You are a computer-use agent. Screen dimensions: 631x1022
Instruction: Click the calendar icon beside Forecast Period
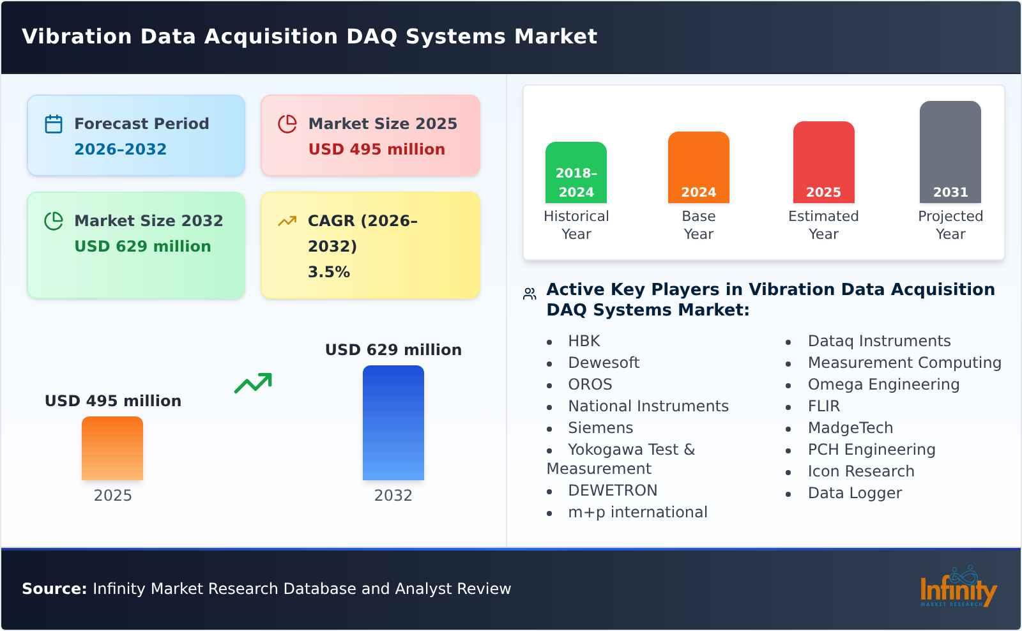(x=54, y=124)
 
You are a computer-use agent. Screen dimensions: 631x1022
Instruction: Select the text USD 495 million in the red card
(x=376, y=149)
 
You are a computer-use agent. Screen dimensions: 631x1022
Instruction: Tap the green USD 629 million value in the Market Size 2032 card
(x=142, y=247)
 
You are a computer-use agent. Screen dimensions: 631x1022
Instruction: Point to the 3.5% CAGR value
(x=328, y=272)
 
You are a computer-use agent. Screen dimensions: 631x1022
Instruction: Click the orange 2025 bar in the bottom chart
(x=112, y=448)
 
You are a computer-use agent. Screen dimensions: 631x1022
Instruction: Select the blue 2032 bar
(x=393, y=423)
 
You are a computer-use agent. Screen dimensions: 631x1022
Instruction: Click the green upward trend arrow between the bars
(x=253, y=383)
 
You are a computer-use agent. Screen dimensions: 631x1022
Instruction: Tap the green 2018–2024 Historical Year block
(x=576, y=173)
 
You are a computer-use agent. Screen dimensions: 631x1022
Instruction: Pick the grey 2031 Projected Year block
(x=950, y=153)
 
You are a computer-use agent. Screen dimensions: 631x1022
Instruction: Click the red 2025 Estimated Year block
(x=823, y=163)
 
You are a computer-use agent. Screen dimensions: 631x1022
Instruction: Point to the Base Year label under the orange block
(x=698, y=225)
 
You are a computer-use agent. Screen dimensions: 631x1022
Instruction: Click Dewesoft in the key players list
(x=604, y=363)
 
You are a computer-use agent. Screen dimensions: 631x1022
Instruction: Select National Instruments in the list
(x=648, y=406)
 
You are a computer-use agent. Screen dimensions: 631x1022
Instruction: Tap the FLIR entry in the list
(x=823, y=406)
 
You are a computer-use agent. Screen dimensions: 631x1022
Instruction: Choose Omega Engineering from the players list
(x=883, y=384)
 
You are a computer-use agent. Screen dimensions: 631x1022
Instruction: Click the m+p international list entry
(x=637, y=512)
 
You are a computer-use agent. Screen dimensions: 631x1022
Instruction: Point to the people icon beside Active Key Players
(x=530, y=294)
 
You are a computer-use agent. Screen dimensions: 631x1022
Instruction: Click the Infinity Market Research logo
(x=957, y=588)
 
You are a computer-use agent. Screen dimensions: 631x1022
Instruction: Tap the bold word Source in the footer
(x=54, y=589)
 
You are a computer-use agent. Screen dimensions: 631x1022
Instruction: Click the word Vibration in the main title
(x=77, y=36)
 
